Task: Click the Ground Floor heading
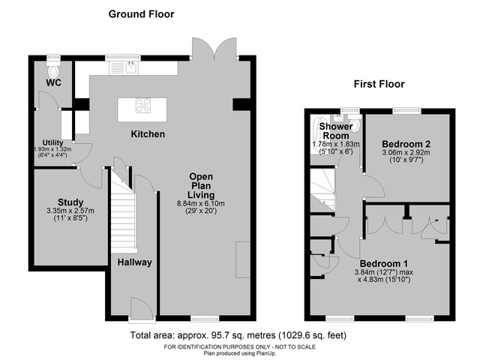(142, 13)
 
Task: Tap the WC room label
(53, 82)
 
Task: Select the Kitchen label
(148, 133)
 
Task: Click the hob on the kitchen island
(143, 106)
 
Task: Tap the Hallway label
(135, 262)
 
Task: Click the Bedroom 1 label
(383, 263)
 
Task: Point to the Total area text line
(238, 334)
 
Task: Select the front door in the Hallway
(139, 307)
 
